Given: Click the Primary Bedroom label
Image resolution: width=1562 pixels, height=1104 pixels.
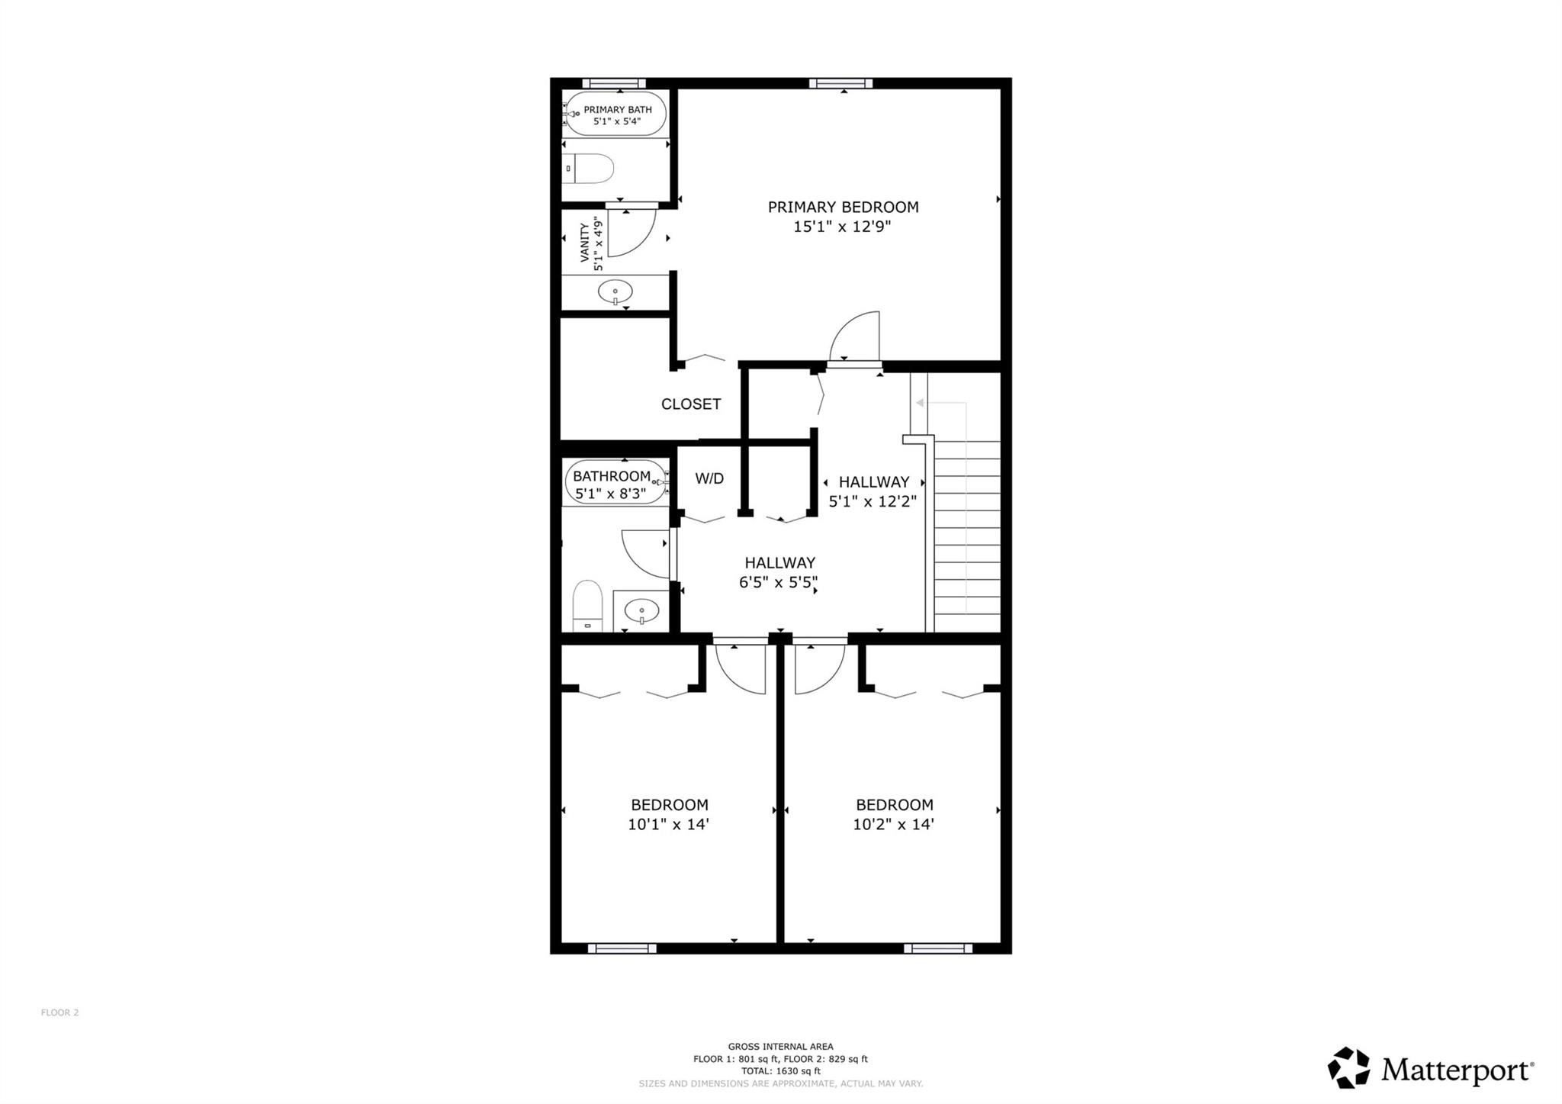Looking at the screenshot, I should coord(842,207).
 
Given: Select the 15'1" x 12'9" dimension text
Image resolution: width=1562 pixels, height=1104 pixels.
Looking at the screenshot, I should coord(842,227).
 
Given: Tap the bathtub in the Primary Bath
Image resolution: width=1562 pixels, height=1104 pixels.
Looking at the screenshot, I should coord(615,114).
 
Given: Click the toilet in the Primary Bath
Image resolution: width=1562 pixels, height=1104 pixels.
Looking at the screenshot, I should coord(590,169).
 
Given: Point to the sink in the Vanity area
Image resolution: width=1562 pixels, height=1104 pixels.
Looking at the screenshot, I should coord(615,291).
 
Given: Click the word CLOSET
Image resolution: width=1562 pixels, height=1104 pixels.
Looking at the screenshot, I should coord(690,404).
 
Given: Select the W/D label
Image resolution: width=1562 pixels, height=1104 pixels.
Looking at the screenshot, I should coord(709,478).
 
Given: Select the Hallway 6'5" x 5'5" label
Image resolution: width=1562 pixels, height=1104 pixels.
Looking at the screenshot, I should coord(779,572).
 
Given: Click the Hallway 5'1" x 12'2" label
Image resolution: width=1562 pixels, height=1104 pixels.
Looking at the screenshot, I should coord(873,491).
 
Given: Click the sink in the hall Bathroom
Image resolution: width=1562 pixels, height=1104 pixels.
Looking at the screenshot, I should coord(641,610).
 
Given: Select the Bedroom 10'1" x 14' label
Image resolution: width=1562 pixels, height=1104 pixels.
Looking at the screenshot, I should coord(669,814).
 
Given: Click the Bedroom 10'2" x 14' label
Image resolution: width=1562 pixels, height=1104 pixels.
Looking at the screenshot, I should coord(893,814).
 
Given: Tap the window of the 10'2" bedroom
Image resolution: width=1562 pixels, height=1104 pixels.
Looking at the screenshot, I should coord(937,948).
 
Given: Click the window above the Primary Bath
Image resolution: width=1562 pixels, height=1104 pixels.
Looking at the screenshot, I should coord(613,83).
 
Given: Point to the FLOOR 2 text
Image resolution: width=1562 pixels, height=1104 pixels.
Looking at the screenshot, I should coord(59,1012).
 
